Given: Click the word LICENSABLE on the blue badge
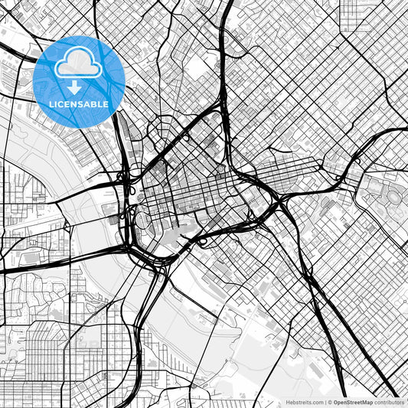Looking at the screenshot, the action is pos(80,104).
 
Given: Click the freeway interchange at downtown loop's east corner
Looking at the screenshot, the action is pos(276,201).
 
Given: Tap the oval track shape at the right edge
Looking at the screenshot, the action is pos(395,196).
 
